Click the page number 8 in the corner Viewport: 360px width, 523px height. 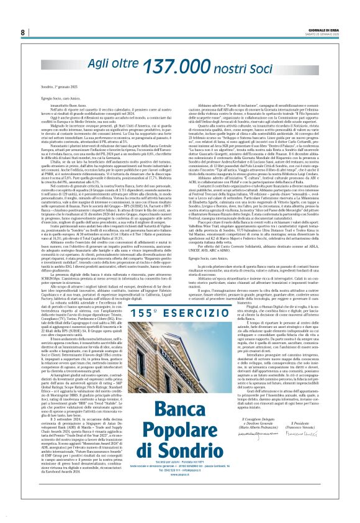click(x=22, y=32)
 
